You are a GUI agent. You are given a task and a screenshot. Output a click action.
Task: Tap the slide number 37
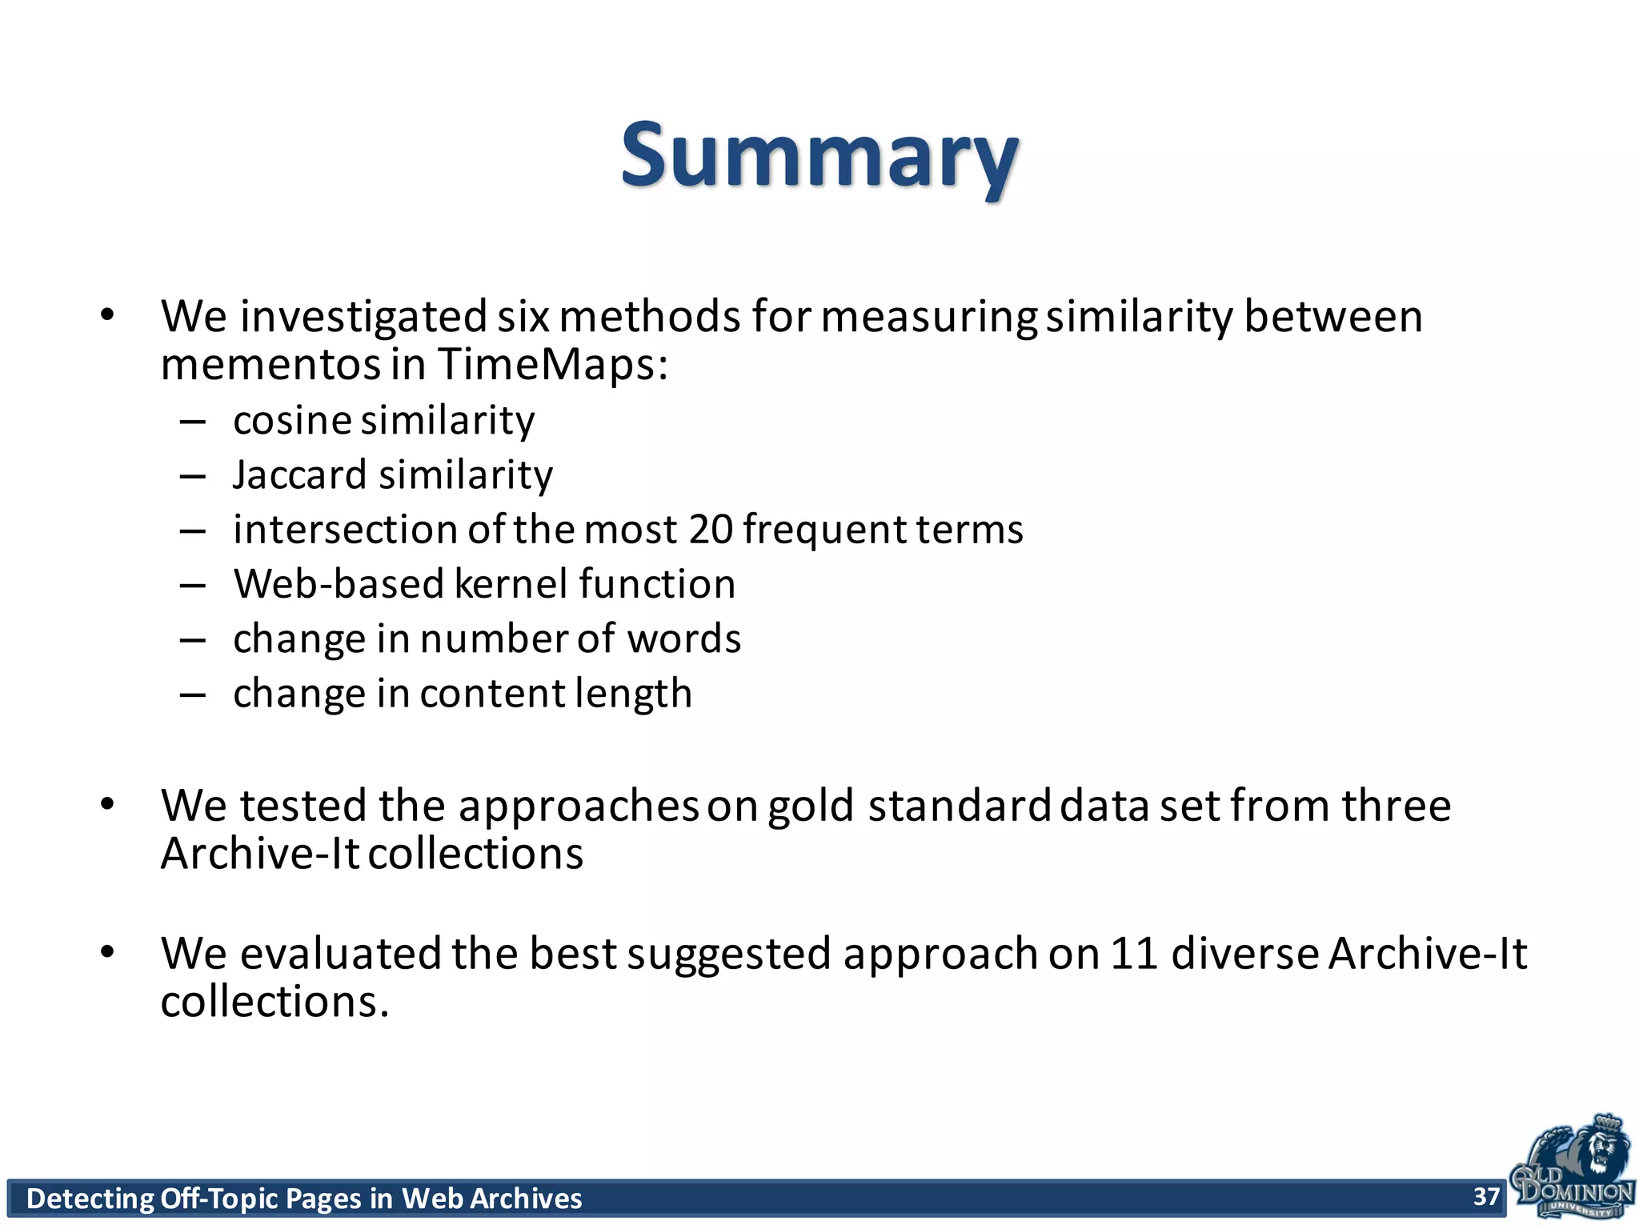click(x=1486, y=1196)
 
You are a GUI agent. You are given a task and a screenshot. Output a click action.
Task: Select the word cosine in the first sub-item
click(x=292, y=421)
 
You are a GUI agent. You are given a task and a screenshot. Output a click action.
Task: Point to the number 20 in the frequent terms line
click(x=711, y=530)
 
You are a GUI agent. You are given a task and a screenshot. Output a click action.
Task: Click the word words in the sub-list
click(x=683, y=639)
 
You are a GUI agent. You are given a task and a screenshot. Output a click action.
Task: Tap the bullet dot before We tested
click(x=108, y=804)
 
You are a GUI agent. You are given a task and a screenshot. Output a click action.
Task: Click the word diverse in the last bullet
click(x=1244, y=954)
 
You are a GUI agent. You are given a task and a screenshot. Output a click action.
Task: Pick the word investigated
click(x=363, y=317)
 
